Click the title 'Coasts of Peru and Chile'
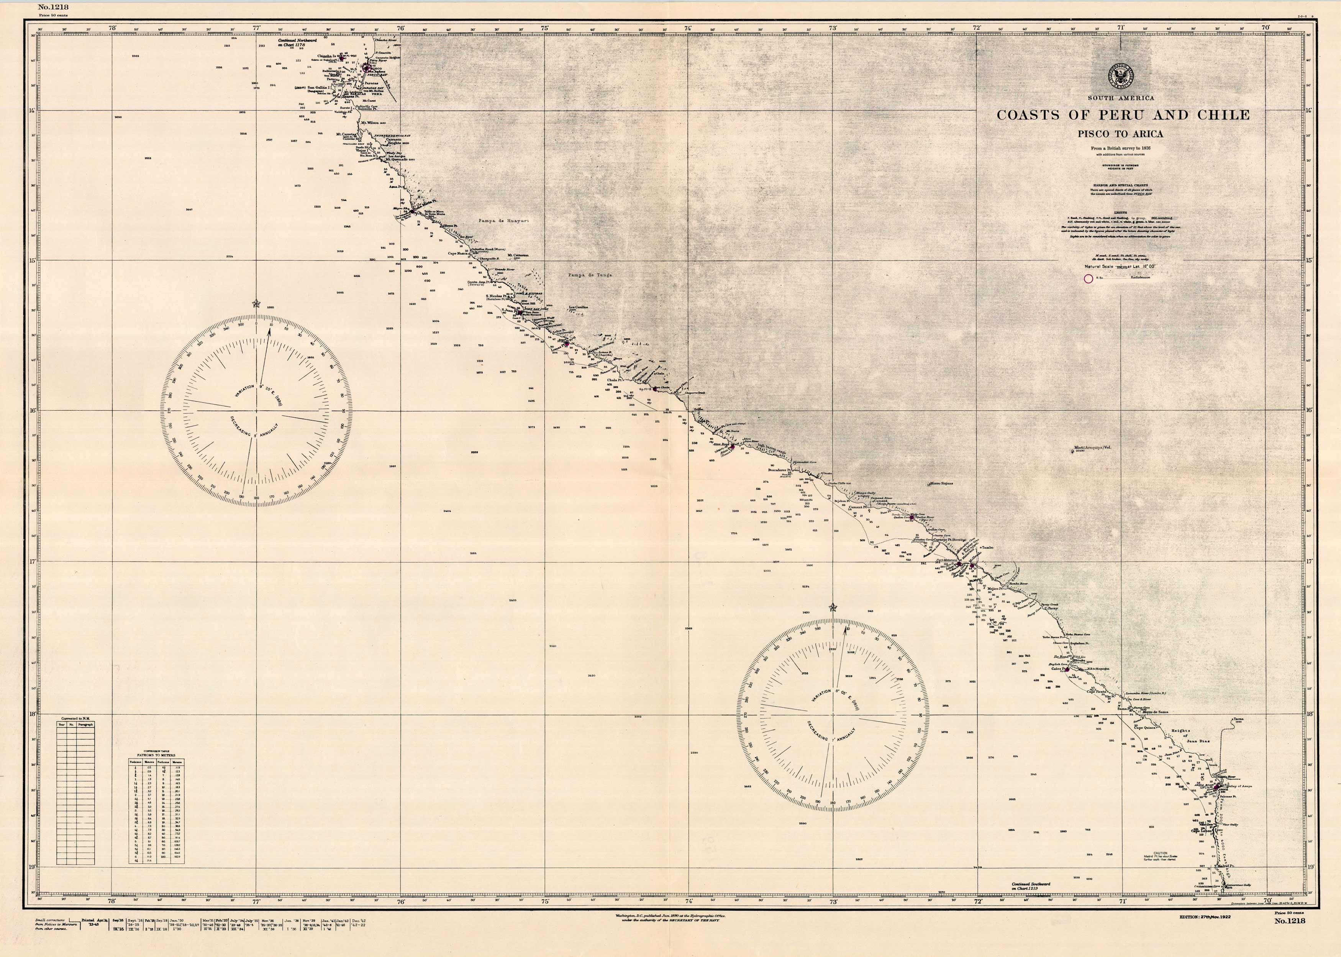tap(1123, 115)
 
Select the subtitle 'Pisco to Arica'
tap(1120, 134)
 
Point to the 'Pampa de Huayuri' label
tap(503, 220)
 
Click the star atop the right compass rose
tap(833, 608)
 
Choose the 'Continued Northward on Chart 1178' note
tap(297, 42)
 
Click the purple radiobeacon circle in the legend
tap(1089, 279)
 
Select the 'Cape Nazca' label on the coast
tap(458, 253)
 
